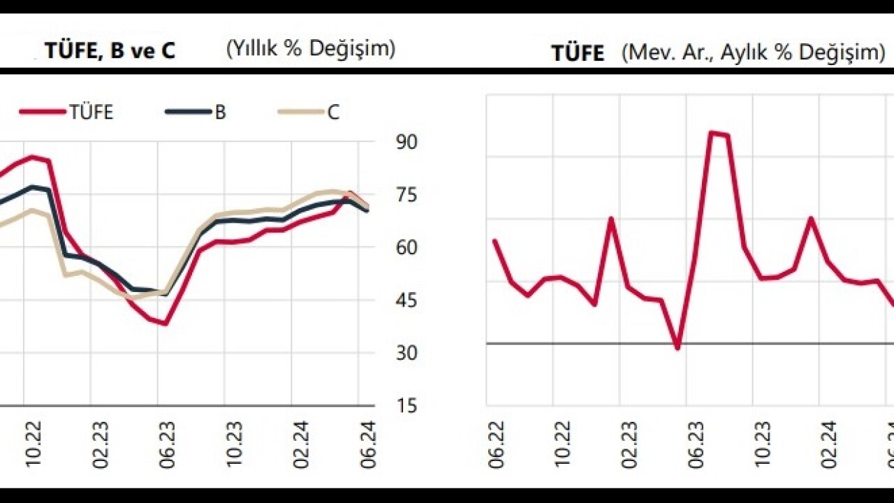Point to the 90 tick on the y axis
[406, 142]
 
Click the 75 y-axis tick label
[406, 195]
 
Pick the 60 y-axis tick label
[406, 248]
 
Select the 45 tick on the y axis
[406, 301]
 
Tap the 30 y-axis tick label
[406, 353]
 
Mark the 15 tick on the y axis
[406, 407]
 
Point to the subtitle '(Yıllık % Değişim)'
[310, 49]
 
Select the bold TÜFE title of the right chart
[578, 53]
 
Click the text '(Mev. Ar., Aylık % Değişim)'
[754, 52]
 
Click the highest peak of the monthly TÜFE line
[711, 132]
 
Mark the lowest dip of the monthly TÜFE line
[677, 347]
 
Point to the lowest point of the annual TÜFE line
[165, 323]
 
